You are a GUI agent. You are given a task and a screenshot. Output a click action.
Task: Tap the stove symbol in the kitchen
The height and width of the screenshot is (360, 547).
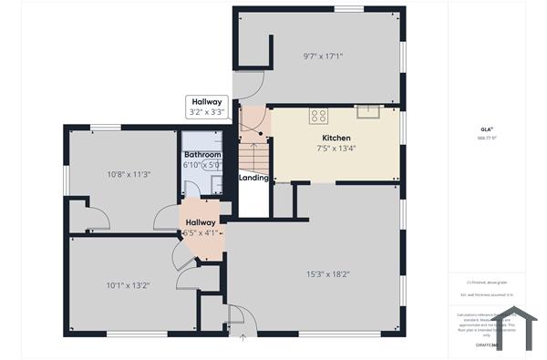pyautogui.click(x=319, y=115)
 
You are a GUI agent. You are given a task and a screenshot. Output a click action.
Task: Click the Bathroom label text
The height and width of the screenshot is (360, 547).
pyautogui.click(x=202, y=156)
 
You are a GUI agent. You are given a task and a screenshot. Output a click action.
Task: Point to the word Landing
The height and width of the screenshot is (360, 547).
pyautogui.click(x=253, y=178)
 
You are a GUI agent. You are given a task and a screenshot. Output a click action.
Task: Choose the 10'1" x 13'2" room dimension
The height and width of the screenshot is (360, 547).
pyautogui.click(x=128, y=285)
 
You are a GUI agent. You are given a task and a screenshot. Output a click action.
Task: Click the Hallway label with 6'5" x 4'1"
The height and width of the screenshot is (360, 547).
pyautogui.click(x=201, y=227)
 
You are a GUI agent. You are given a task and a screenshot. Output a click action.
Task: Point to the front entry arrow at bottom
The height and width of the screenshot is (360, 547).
pyautogui.click(x=243, y=339)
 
